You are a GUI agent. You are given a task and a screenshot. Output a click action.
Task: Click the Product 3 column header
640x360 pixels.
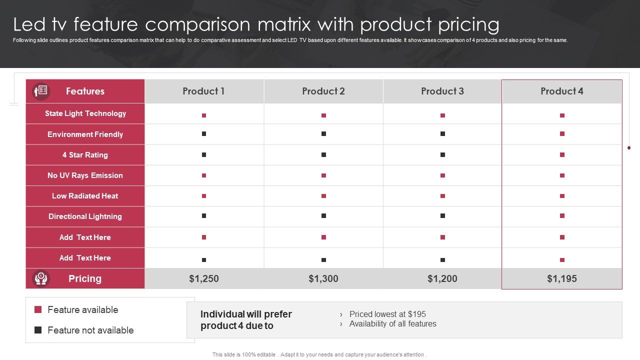click(x=442, y=91)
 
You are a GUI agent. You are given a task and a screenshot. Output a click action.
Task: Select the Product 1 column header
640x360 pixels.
click(x=203, y=91)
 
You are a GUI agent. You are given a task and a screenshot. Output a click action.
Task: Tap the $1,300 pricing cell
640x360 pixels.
click(x=323, y=278)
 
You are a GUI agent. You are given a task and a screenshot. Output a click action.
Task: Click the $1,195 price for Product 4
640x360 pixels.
click(x=562, y=278)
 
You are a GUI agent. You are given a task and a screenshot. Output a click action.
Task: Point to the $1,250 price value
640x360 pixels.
click(x=204, y=278)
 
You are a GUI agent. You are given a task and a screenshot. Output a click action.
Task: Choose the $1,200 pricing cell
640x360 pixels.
click(x=442, y=278)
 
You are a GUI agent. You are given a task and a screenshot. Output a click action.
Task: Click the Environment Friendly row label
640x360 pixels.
click(x=85, y=134)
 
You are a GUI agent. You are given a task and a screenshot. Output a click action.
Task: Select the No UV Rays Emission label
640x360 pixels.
click(x=85, y=175)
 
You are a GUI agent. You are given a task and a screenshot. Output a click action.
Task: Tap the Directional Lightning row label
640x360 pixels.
click(x=85, y=216)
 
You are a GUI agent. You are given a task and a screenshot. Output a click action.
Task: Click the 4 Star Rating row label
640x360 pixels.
click(x=85, y=154)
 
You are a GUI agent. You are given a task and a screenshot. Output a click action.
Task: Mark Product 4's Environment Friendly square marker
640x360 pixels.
click(x=562, y=134)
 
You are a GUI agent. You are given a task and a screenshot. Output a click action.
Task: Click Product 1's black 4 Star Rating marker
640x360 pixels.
click(x=204, y=154)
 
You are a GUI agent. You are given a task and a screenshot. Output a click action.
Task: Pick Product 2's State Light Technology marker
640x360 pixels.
click(x=323, y=115)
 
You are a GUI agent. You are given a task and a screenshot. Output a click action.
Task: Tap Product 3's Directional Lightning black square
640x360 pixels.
click(x=442, y=216)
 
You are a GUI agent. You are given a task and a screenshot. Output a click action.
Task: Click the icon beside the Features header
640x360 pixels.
click(x=41, y=91)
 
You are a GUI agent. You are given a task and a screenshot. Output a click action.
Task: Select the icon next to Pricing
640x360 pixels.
click(x=41, y=278)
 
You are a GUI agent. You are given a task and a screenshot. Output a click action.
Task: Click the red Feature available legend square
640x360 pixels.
click(x=38, y=309)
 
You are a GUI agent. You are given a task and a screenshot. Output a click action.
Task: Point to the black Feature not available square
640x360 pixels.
click(x=38, y=330)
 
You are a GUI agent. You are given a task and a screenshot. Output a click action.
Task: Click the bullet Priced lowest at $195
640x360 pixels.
click(x=387, y=314)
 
